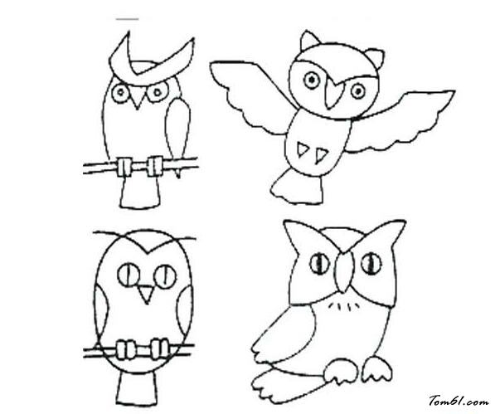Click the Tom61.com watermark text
click(x=459, y=401)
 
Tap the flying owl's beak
click(x=332, y=94)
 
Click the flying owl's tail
click(x=297, y=187)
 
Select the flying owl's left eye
click(x=312, y=80)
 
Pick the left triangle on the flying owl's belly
click(x=302, y=149)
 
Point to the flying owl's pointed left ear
click(x=309, y=40)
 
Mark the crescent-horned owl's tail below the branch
click(x=140, y=192)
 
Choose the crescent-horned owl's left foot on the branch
click(x=124, y=167)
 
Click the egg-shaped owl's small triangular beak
click(x=146, y=294)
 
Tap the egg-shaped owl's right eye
click(x=165, y=276)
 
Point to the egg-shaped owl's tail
click(x=138, y=387)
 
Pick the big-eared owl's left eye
click(x=319, y=264)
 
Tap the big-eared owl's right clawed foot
click(x=377, y=368)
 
